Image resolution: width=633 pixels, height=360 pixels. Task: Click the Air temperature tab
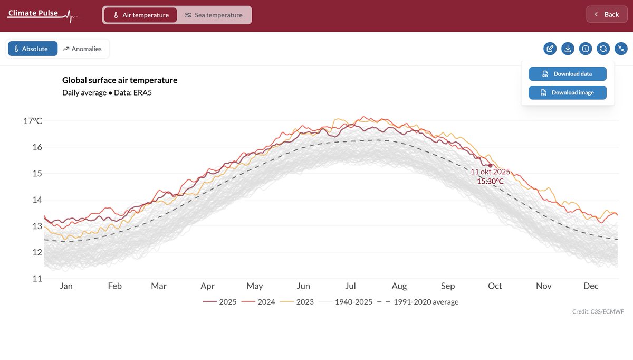click(x=140, y=15)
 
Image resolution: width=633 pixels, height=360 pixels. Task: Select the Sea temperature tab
click(x=214, y=15)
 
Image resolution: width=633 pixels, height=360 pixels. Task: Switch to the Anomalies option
click(x=82, y=49)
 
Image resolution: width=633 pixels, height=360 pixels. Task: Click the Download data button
click(x=568, y=74)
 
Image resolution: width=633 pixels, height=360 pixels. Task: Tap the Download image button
click(x=568, y=92)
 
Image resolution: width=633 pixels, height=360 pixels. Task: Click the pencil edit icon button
click(x=550, y=49)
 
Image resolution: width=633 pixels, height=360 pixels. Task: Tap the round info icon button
click(x=585, y=49)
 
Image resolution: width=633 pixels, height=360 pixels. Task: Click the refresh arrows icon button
click(x=603, y=49)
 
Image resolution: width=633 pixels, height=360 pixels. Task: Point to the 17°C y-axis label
click(x=32, y=121)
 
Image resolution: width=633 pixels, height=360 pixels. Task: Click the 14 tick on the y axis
click(x=37, y=200)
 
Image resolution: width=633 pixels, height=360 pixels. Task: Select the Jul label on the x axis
click(x=350, y=286)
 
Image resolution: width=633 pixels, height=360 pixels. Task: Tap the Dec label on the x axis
click(x=591, y=286)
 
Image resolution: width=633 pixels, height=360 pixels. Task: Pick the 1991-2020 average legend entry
click(x=419, y=302)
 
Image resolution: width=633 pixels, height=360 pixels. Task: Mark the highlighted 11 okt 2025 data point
click(x=490, y=166)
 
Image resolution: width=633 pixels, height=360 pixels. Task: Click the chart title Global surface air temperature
click(x=120, y=80)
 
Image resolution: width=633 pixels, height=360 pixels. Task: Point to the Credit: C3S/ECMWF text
click(x=598, y=312)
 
